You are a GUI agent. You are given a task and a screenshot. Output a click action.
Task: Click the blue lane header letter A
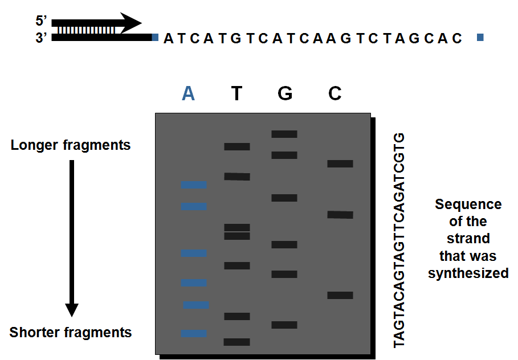point(189,93)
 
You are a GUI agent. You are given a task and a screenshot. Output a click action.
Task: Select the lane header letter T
point(237,93)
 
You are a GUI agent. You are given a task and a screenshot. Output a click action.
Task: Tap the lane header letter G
point(285,93)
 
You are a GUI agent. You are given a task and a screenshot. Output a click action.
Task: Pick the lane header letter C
point(335,93)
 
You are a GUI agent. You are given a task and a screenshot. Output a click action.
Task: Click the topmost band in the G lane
point(284,134)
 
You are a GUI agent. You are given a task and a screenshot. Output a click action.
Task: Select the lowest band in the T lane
point(236,342)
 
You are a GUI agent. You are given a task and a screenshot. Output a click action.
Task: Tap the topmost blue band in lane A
point(194,185)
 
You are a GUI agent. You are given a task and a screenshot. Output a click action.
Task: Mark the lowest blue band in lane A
point(194,333)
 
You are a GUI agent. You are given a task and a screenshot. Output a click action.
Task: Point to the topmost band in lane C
point(340,163)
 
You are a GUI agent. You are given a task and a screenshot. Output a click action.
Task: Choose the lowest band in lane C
point(340,295)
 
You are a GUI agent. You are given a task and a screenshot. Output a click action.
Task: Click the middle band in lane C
point(340,215)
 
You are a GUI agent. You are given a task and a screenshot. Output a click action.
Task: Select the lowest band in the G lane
point(284,325)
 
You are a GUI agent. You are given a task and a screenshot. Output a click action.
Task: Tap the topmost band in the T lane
point(236,146)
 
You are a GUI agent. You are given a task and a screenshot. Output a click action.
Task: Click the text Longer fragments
point(71,145)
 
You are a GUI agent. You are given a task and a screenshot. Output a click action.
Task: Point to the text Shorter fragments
point(71,332)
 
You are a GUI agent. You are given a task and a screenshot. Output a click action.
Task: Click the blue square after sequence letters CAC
point(480,38)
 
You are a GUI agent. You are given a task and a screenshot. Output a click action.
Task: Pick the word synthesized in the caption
point(468,273)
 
